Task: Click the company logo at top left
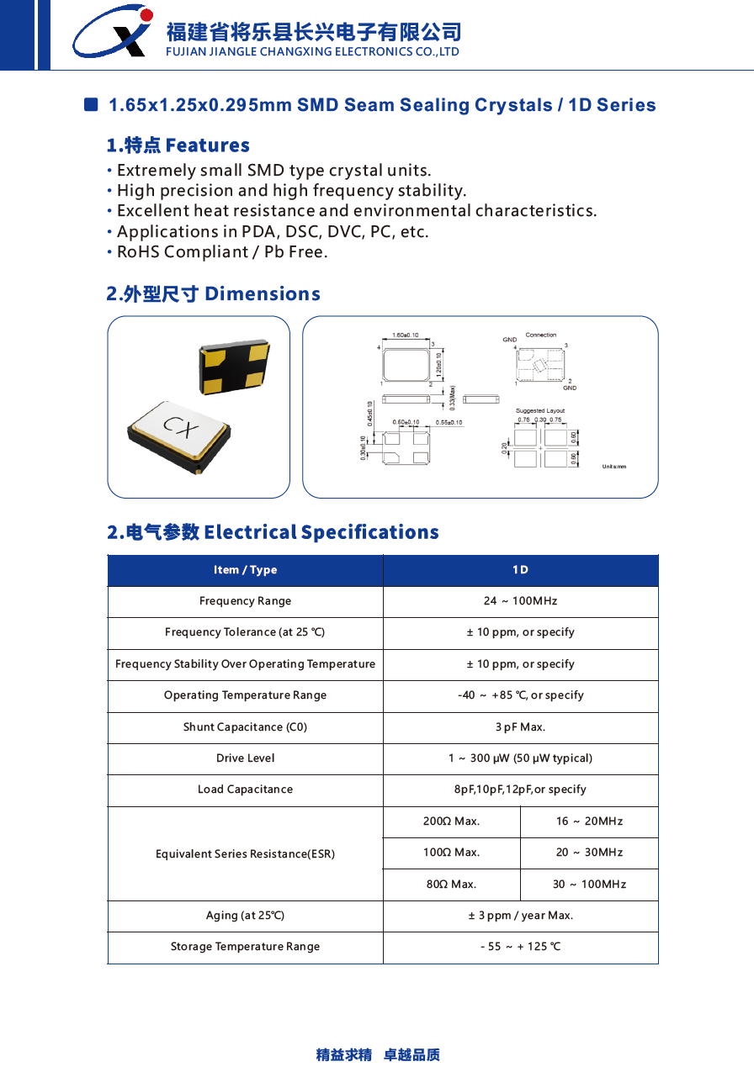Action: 112,33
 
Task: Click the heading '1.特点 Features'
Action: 178,145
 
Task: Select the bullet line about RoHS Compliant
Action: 221,252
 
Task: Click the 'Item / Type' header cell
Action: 245,570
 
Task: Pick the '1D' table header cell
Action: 520,570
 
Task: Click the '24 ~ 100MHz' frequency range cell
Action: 520,601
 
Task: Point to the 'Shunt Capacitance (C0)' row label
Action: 245,727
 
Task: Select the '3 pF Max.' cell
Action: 520,727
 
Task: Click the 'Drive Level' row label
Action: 245,758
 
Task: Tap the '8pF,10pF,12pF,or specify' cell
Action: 520,789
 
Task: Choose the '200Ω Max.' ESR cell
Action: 451,821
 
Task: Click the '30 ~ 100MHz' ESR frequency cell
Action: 589,885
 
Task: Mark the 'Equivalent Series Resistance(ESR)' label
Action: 245,854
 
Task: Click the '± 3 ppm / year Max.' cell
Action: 520,916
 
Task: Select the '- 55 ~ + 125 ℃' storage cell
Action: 520,947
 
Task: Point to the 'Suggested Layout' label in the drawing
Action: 540,411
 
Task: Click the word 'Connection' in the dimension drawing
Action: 541,335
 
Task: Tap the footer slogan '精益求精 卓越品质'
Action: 378,1054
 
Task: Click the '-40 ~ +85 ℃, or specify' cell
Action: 520,695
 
